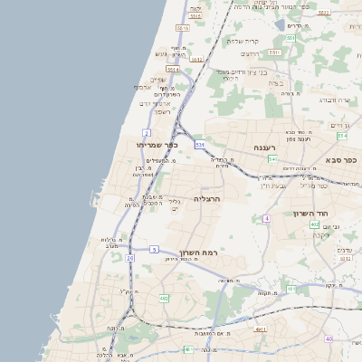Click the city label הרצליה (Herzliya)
pos(207,197)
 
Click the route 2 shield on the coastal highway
pos(146,132)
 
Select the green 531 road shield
pos(200,144)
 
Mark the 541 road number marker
pos(272,159)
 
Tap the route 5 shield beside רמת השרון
pos(154,249)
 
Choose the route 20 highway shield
pos(130,258)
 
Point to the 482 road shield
pos(164,298)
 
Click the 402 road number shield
pos(313,224)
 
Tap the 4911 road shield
pos(261,329)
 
